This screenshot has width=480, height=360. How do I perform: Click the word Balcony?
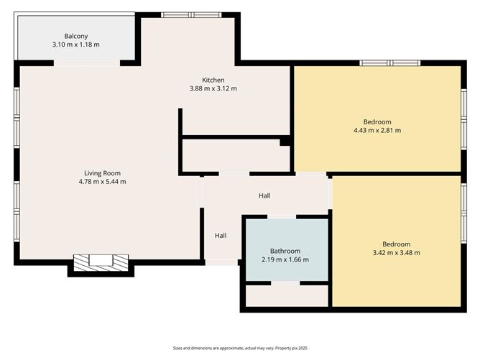pyautogui.click(x=75, y=36)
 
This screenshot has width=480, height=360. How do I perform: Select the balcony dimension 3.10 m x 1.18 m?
pyautogui.click(x=75, y=45)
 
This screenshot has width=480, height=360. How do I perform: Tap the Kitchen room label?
pyautogui.click(x=213, y=80)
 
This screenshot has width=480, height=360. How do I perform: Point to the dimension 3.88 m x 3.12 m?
pyautogui.click(x=213, y=88)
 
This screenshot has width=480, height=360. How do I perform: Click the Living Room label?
pyautogui.click(x=102, y=172)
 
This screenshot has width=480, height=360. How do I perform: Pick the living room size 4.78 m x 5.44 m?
pyautogui.click(x=102, y=181)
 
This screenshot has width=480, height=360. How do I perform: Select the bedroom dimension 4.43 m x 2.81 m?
pyautogui.click(x=377, y=130)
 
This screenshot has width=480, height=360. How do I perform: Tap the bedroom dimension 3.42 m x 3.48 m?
pyautogui.click(x=396, y=252)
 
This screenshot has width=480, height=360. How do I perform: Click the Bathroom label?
pyautogui.click(x=285, y=251)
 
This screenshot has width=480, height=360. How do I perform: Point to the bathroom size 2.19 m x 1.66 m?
pyautogui.click(x=285, y=259)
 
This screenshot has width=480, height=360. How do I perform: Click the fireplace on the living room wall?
pyautogui.click(x=101, y=261)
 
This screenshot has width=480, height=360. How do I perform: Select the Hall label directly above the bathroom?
pyautogui.click(x=265, y=195)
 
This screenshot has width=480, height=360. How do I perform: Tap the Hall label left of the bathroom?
pyautogui.click(x=221, y=235)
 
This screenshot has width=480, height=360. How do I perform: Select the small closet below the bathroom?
pyautogui.click(x=285, y=295)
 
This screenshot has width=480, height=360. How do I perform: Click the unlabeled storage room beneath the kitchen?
pyautogui.click(x=235, y=155)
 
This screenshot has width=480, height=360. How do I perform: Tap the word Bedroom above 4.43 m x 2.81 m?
pyautogui.click(x=377, y=121)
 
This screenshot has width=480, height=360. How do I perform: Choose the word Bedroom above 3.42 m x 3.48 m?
pyautogui.click(x=396, y=244)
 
